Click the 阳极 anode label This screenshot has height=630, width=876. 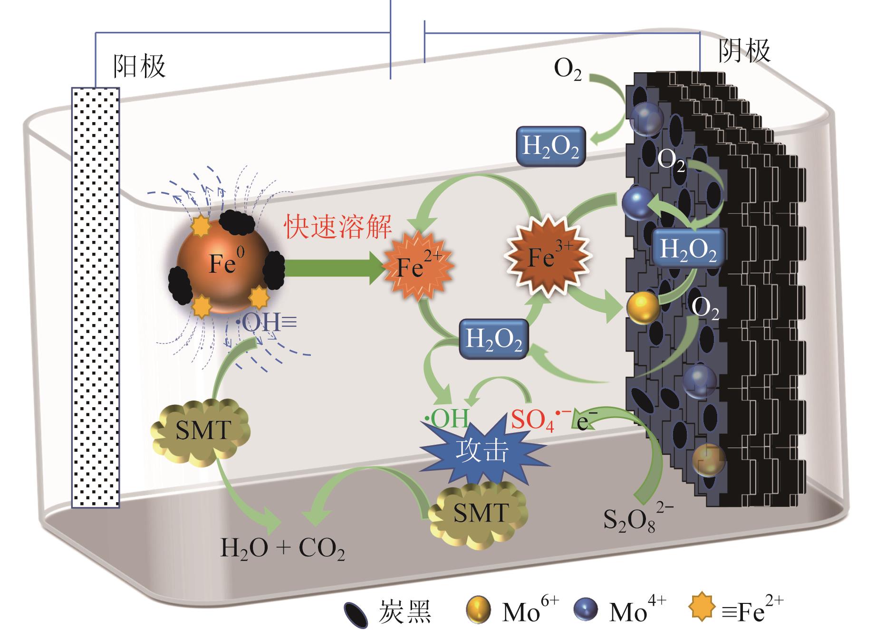point(139,66)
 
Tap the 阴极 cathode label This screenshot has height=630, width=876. point(743,50)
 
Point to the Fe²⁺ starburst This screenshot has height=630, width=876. point(419,266)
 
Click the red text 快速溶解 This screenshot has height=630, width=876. point(338,226)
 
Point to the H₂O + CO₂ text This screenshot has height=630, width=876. point(282,549)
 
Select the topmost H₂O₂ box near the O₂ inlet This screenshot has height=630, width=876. point(550,146)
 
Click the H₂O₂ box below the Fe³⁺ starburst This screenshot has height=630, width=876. point(494,339)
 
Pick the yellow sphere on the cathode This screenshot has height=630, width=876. point(643,308)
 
